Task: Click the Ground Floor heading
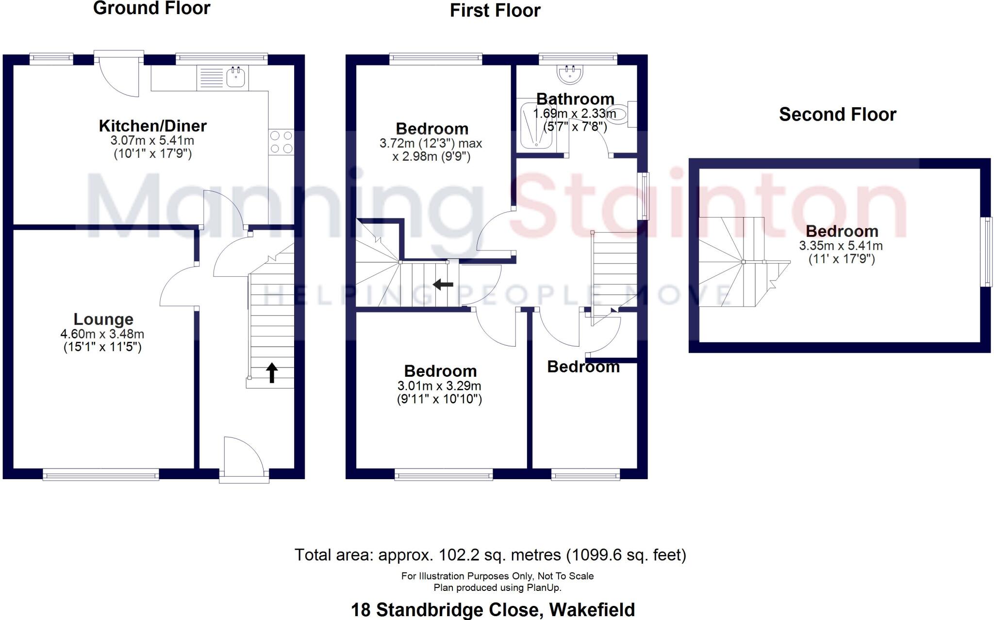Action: tap(151, 8)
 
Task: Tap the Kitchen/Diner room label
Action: tap(152, 126)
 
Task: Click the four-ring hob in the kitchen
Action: tap(282, 142)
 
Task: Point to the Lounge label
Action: tap(103, 319)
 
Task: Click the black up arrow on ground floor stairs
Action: tap(272, 373)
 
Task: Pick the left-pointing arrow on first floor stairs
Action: tap(443, 285)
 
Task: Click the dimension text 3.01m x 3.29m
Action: tap(439, 386)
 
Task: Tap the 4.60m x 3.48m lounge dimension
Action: tap(102, 334)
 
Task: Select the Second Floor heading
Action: tap(837, 115)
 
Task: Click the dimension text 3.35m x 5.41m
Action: tap(841, 246)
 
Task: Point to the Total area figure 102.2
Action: tap(455, 554)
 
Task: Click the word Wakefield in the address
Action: tap(592, 610)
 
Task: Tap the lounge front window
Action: tap(101, 474)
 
